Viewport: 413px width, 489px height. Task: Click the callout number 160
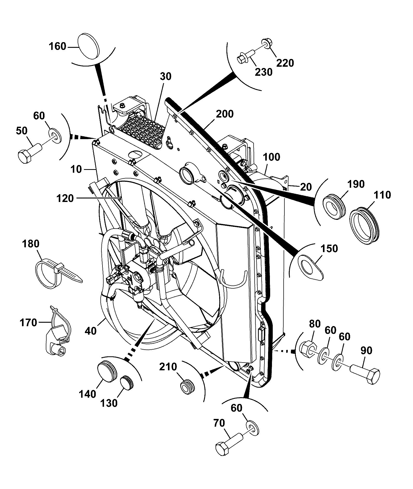pyautogui.click(x=57, y=47)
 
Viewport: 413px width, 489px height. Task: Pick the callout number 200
pyautogui.click(x=225, y=114)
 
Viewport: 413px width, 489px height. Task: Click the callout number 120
pyautogui.click(x=65, y=198)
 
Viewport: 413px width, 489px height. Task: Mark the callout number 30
pyautogui.click(x=165, y=76)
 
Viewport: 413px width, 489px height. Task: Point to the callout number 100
pyautogui.click(x=271, y=157)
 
